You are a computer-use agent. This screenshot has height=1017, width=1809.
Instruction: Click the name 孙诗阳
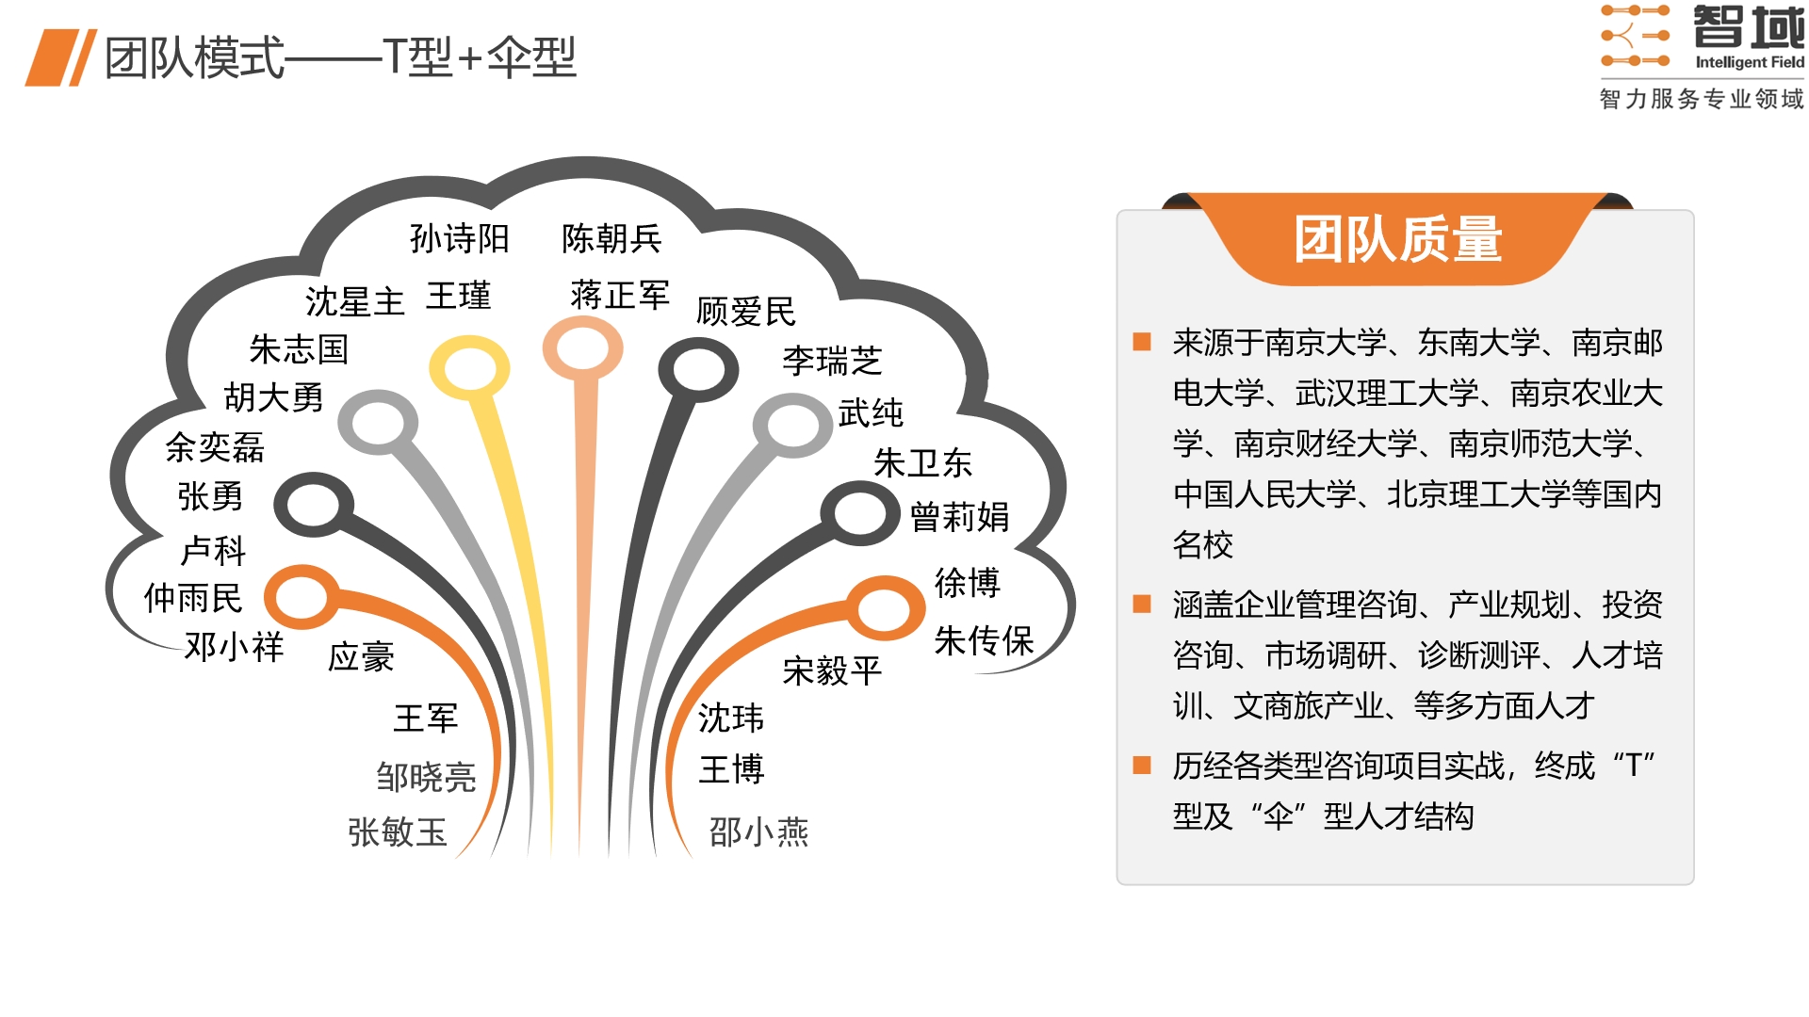coord(459,239)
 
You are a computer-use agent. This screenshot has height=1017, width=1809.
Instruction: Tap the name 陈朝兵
coord(611,239)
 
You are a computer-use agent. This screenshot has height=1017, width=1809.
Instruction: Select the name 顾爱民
coord(745,312)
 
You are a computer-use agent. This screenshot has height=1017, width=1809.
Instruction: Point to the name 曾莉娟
coord(959,517)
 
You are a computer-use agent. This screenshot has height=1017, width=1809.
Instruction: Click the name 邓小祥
coord(234,647)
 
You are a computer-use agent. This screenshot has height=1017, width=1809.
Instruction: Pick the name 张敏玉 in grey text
coord(397,832)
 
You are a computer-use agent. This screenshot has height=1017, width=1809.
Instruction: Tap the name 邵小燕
coord(758,832)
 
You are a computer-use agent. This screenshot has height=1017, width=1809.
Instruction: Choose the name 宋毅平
coord(832,671)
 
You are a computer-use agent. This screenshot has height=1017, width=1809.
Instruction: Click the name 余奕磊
coord(215,447)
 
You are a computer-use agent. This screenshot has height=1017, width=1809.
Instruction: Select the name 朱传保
coord(984,641)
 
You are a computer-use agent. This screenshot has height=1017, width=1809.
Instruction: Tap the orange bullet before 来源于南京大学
coord(1142,341)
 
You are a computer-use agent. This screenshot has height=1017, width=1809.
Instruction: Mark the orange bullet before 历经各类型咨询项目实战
coord(1142,765)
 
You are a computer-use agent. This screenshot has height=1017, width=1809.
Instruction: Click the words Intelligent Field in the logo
coord(1750,62)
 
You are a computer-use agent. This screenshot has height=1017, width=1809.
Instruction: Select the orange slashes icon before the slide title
coord(61,58)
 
